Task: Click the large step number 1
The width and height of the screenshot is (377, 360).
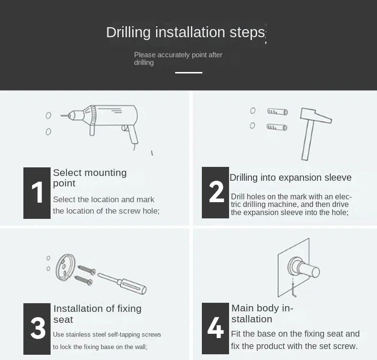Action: (x=38, y=192)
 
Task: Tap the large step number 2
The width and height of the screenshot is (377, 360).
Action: (x=216, y=191)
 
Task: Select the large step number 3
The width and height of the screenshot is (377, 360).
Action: (x=38, y=328)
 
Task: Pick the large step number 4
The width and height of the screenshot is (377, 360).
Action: (x=215, y=328)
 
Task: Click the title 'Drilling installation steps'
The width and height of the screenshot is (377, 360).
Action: (x=185, y=32)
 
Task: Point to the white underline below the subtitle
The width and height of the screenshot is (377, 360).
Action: (x=188, y=72)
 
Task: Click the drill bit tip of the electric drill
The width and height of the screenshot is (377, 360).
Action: (x=62, y=116)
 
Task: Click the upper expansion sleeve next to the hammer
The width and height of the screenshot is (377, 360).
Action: (x=277, y=112)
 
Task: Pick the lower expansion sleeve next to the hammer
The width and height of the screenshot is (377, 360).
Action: (x=277, y=127)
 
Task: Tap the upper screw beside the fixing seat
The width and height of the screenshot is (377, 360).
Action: (x=86, y=270)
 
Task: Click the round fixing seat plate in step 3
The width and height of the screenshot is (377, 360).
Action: (x=65, y=267)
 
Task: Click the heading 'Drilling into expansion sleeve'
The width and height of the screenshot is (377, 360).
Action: (x=291, y=177)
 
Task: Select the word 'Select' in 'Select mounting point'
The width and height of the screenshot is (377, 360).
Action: (x=67, y=173)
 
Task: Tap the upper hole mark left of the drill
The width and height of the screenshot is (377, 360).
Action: (x=48, y=115)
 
